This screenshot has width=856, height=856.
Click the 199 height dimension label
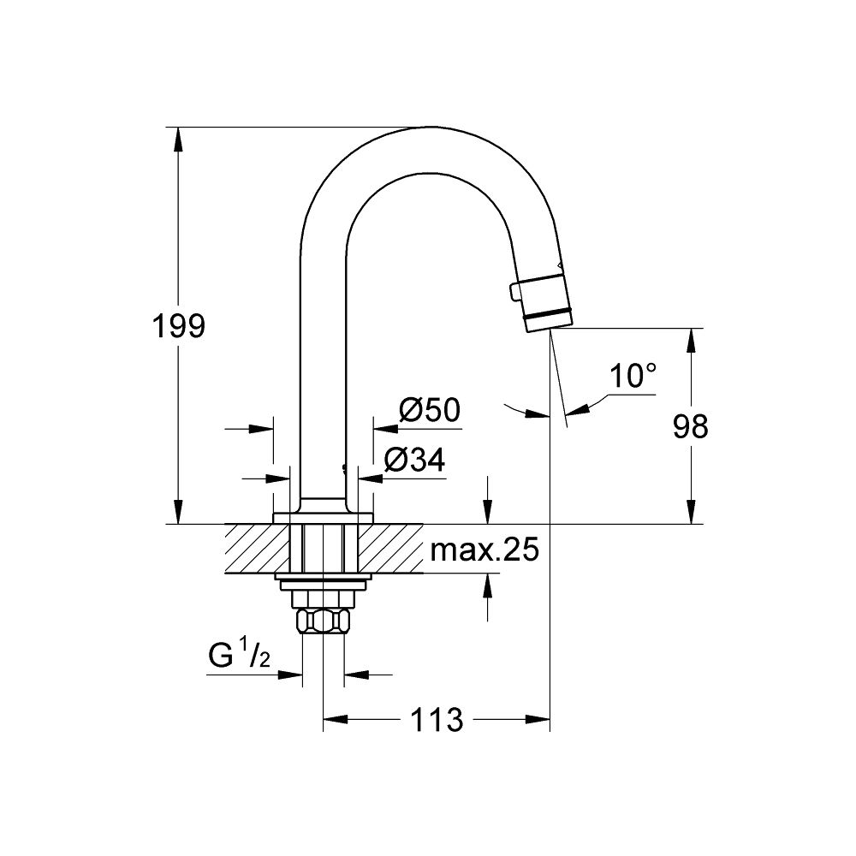coord(178,326)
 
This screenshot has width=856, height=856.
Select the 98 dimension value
coord(690,425)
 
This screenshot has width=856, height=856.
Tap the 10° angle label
coord(633,376)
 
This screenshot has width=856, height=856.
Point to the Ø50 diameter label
coord(430,411)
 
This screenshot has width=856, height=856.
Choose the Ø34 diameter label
coord(414,461)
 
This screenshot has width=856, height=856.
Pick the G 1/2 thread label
coord(239,658)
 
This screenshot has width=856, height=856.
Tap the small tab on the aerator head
coord(514,293)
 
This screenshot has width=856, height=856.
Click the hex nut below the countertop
coord(323,620)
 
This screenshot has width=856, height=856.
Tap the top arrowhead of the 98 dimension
coord(690,338)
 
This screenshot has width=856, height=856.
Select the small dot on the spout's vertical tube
coord(344,468)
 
